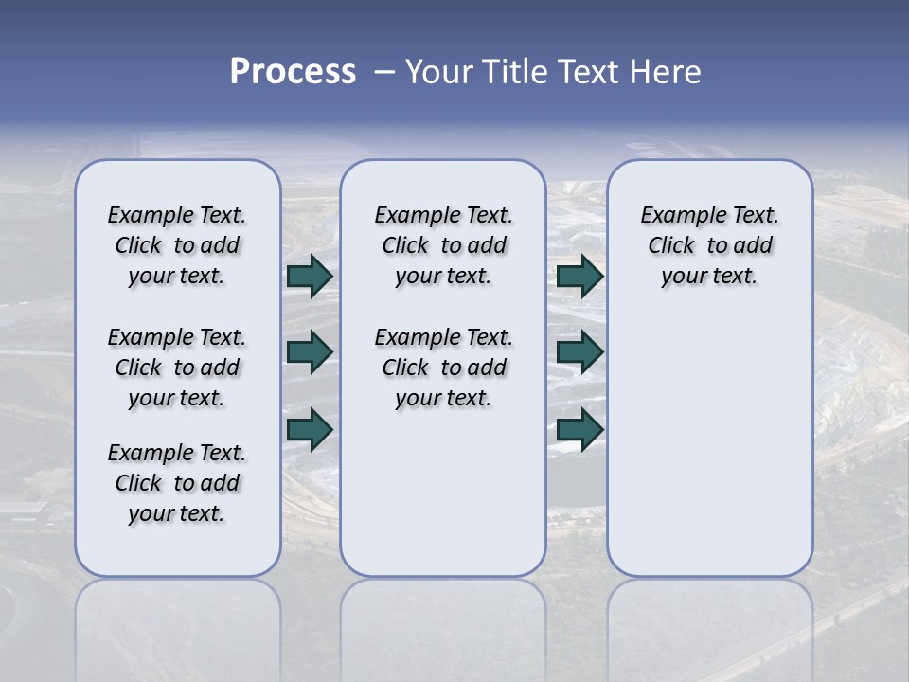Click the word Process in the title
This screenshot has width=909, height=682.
[x=293, y=72]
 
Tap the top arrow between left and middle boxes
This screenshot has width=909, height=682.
[x=310, y=276]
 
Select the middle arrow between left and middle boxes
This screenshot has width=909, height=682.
[x=310, y=352]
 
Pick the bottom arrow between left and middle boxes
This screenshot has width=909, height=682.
[x=310, y=429]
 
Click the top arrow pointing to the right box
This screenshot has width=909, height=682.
[x=579, y=276]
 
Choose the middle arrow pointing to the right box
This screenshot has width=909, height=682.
[x=579, y=352]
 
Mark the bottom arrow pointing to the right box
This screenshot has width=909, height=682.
[x=579, y=429]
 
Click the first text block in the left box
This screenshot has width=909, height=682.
[x=177, y=245]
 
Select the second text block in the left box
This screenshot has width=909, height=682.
[x=177, y=368]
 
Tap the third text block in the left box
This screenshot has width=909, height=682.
[x=177, y=483]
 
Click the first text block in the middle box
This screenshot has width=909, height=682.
[x=443, y=245]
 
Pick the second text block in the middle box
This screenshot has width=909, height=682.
[x=443, y=368]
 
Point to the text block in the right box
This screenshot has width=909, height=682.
[x=709, y=245]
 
